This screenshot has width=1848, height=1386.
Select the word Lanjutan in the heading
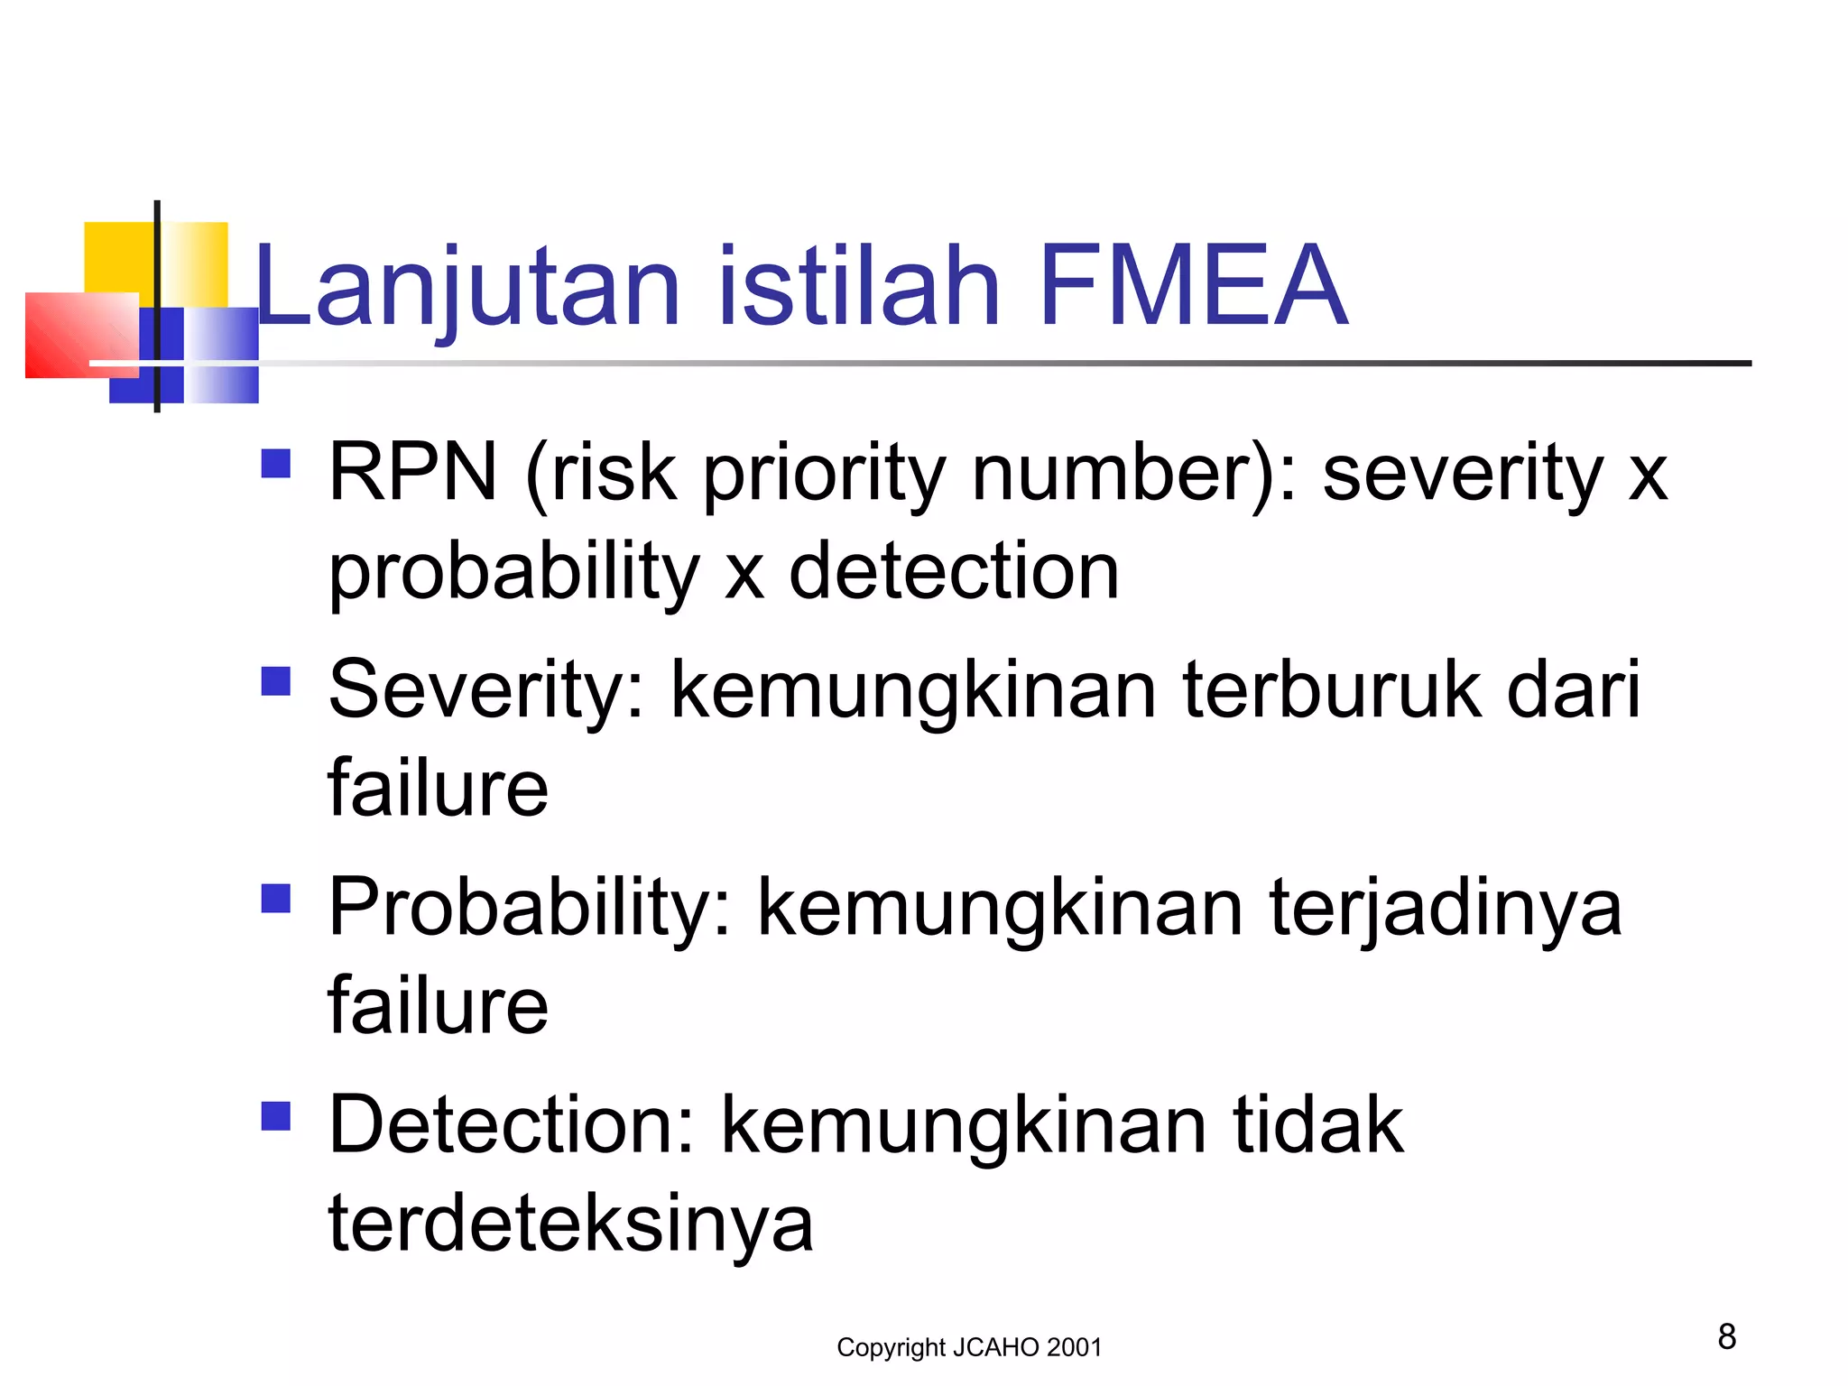[467, 287]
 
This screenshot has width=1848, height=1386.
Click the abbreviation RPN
[412, 471]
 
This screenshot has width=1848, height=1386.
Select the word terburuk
[1332, 690]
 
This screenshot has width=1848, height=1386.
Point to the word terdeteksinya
[570, 1224]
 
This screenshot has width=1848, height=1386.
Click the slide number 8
[1726, 1336]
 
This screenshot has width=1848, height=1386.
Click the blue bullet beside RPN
[276, 464]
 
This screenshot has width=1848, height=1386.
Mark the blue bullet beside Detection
[276, 1116]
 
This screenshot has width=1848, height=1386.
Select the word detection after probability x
[954, 572]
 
